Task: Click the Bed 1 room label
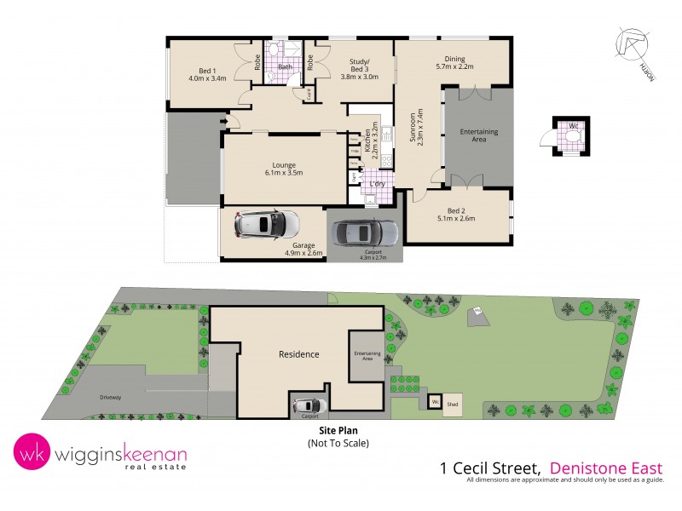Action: point(205,71)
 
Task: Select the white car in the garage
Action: point(265,225)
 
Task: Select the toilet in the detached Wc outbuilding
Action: point(564,135)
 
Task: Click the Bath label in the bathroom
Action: point(285,66)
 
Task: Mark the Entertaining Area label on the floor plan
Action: point(478,135)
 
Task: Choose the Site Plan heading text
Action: point(338,432)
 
